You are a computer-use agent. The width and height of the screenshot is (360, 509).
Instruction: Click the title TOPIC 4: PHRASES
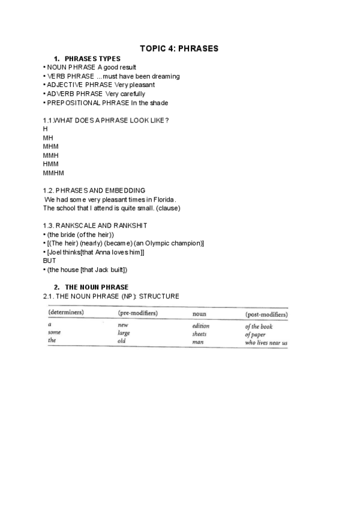179,48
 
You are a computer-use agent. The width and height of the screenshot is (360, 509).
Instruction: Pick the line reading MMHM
53,173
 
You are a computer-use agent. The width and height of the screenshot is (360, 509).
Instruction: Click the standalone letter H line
45,129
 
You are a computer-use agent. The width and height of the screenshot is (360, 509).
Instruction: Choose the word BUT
49,261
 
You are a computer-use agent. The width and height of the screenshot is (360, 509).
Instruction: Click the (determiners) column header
65,313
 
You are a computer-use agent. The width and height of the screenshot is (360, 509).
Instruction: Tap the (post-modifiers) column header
266,315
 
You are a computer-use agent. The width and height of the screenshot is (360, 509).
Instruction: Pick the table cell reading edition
200,326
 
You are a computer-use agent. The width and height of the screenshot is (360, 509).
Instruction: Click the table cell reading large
124,333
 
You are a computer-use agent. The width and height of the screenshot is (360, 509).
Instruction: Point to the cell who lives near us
266,343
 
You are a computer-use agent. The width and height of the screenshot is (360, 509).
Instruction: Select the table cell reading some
54,333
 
